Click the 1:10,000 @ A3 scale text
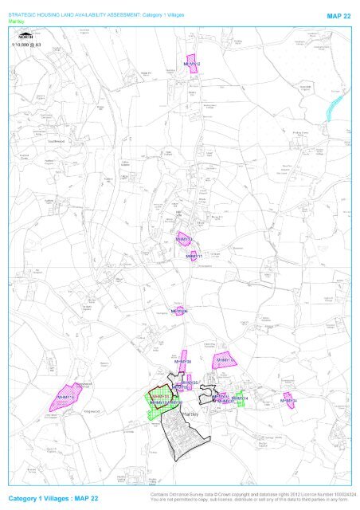pyautogui.click(x=26, y=45)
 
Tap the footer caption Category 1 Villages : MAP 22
pyautogui.click(x=52, y=497)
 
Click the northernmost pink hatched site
pyautogui.click(x=191, y=64)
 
